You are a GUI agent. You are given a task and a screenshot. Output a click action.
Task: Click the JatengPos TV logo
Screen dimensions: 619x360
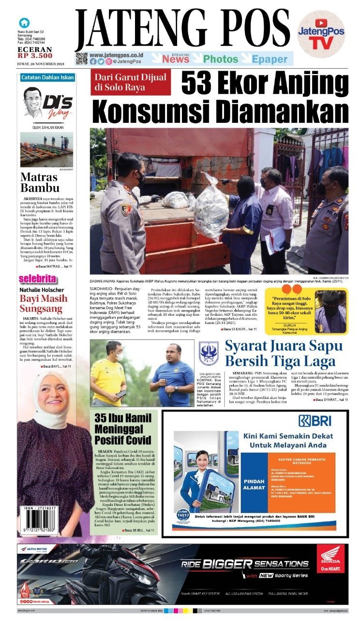[x=321, y=34]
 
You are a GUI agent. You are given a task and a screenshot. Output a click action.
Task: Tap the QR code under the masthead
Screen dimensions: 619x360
[x=81, y=59]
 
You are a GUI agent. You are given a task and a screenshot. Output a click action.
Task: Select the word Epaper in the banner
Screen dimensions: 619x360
[x=270, y=59]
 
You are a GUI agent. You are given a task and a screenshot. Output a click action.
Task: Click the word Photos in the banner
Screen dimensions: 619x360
[x=220, y=59]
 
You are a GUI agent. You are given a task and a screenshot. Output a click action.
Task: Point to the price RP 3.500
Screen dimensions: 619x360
[x=34, y=56]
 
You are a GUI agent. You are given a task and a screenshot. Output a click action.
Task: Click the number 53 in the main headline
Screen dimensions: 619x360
[x=196, y=84]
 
